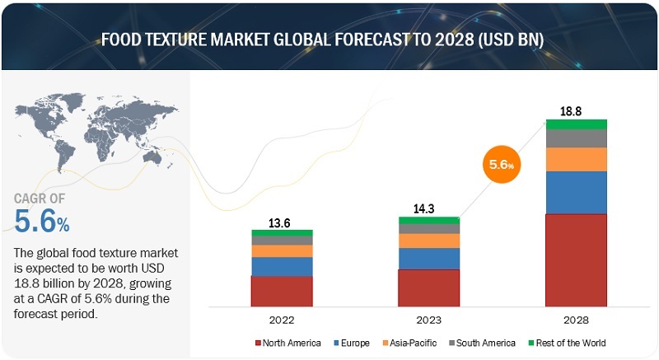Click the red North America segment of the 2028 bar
tap(576, 259)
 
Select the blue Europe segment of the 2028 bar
tap(576, 192)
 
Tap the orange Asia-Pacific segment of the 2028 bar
tap(576, 159)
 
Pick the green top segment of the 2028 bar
tap(576, 124)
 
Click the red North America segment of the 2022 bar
tap(282, 290)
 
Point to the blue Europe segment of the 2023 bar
tap(429, 259)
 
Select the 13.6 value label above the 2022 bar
tap(282, 222)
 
